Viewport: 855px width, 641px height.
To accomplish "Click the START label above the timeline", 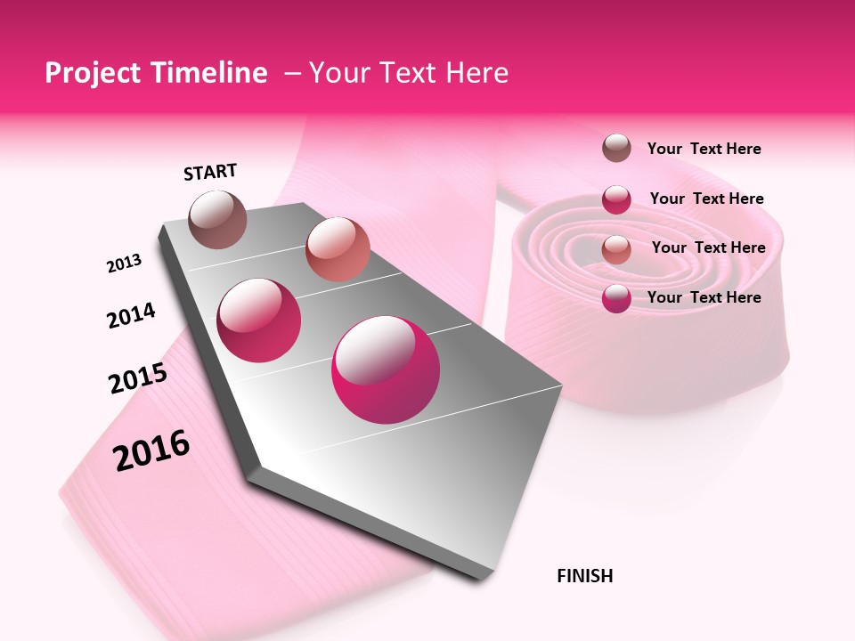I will click(210, 172).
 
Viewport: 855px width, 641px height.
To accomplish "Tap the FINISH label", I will click(584, 576).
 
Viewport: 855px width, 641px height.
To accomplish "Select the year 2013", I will click(124, 264).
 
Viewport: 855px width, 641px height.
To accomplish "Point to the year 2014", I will click(131, 316).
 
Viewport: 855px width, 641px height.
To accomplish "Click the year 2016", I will click(151, 450).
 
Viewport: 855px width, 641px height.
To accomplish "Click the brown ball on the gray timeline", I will click(217, 219).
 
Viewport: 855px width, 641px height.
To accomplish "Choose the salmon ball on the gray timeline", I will click(338, 249).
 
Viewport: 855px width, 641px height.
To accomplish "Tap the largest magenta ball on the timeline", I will click(386, 369).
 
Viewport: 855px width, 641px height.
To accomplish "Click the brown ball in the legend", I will click(616, 149).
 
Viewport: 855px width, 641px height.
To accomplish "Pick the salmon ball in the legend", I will click(616, 248).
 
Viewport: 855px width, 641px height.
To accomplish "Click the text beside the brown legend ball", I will click(704, 149).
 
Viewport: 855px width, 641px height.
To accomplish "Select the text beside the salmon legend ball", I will click(708, 247).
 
